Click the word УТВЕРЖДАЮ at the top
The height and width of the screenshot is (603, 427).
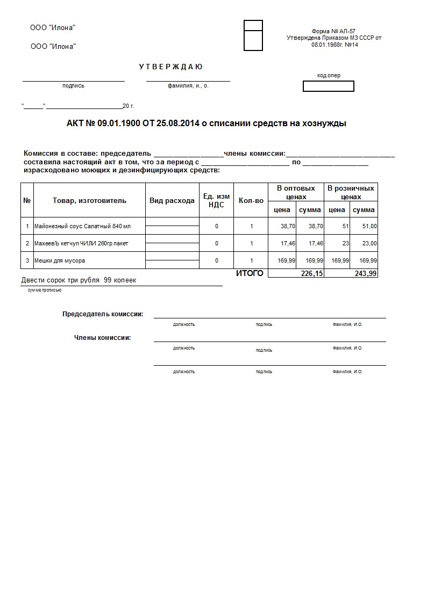[x=170, y=67]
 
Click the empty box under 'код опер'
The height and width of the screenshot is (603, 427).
[x=329, y=86]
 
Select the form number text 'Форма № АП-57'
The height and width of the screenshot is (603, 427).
[x=333, y=32]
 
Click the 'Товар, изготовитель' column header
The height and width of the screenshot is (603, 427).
[x=89, y=200]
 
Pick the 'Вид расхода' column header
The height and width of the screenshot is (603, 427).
[x=172, y=200]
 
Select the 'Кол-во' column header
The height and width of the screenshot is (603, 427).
[x=251, y=200]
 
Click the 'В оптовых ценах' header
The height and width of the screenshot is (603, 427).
[x=296, y=192]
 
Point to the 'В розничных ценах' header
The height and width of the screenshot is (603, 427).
[x=351, y=192]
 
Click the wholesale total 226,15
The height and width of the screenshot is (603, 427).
[x=312, y=274]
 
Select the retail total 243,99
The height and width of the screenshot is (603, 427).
[x=366, y=274]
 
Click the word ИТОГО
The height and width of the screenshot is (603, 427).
[x=250, y=273]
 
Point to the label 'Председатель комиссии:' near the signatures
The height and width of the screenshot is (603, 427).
[x=103, y=314]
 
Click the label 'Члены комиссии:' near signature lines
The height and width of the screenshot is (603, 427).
[x=102, y=338]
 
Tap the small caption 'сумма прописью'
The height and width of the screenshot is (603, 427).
[x=45, y=290]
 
